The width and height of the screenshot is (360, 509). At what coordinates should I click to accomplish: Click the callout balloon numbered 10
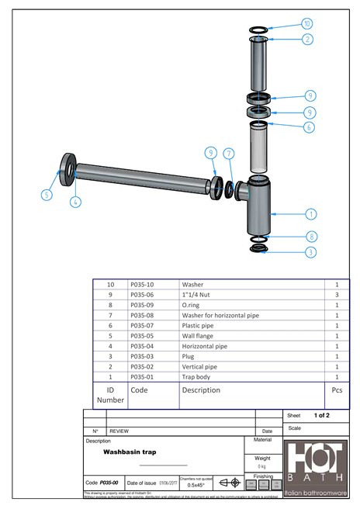coord(307,24)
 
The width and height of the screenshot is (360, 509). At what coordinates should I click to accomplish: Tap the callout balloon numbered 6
coord(309,127)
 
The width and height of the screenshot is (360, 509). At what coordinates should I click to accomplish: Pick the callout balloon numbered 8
coord(310,237)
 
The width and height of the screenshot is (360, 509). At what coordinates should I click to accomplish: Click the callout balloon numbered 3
coord(310,252)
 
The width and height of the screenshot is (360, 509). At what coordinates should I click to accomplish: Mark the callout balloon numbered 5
coord(46,195)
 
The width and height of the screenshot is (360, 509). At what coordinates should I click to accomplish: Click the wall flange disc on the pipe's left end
coord(67,168)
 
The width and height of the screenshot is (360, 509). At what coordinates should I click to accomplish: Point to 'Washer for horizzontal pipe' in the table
coord(220,316)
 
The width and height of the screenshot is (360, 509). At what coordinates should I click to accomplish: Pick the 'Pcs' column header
coord(337,390)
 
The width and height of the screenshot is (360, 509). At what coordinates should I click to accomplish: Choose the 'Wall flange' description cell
coord(199,336)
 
